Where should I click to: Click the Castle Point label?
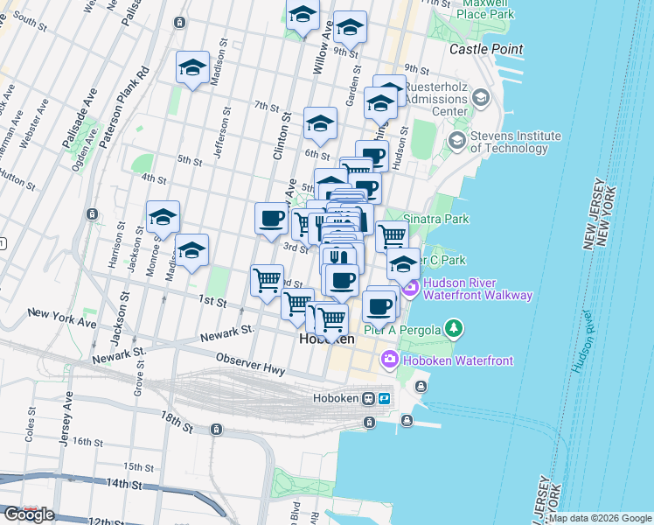(x=486, y=50)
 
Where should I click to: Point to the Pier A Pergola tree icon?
(x=453, y=329)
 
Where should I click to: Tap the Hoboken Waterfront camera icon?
(x=390, y=360)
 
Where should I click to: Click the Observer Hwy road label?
(x=250, y=365)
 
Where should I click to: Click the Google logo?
(x=28, y=514)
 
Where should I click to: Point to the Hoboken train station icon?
(x=371, y=398)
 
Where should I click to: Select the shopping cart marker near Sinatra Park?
(x=392, y=235)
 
